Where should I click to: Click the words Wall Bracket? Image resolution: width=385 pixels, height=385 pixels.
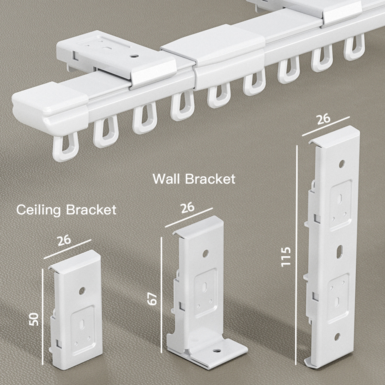(x=194, y=179)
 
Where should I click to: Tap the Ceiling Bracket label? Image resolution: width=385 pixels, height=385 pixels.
(x=66, y=210)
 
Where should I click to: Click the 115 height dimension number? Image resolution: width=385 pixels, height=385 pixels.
(x=286, y=257)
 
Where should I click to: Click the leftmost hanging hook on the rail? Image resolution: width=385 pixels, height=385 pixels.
(x=64, y=148)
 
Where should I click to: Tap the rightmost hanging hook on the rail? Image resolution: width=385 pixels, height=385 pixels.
(x=354, y=47)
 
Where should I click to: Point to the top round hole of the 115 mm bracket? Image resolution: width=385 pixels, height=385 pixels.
(x=341, y=164)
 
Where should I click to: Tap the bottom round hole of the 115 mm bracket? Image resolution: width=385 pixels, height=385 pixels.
(x=337, y=336)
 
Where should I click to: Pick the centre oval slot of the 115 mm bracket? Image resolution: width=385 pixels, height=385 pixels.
(x=339, y=251)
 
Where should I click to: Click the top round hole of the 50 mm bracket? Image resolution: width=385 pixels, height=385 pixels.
(x=82, y=291)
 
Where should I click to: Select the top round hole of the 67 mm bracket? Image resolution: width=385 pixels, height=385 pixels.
(x=205, y=253)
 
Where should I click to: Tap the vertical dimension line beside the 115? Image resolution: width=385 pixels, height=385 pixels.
(x=297, y=254)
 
